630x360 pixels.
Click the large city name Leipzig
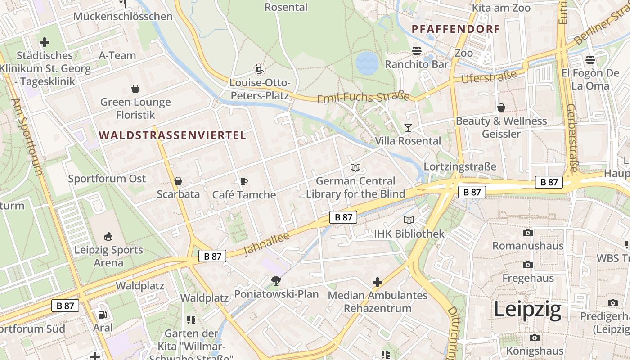527,310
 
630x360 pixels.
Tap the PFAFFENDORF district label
456,29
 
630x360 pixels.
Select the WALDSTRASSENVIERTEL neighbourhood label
172,135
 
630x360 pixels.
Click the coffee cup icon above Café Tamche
243,181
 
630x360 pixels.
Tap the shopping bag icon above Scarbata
178,181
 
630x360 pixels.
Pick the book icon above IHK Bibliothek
409,220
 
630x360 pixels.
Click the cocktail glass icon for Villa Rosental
408,128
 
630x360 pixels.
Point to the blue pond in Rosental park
367,63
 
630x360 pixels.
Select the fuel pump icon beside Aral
103,315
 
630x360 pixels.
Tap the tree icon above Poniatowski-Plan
276,281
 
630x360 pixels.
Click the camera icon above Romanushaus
528,233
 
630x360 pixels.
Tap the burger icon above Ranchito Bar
417,51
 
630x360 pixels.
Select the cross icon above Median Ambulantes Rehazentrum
378,282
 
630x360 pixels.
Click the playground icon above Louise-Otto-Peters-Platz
260,69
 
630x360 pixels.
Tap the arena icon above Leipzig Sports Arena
108,236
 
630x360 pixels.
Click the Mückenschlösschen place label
123,17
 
